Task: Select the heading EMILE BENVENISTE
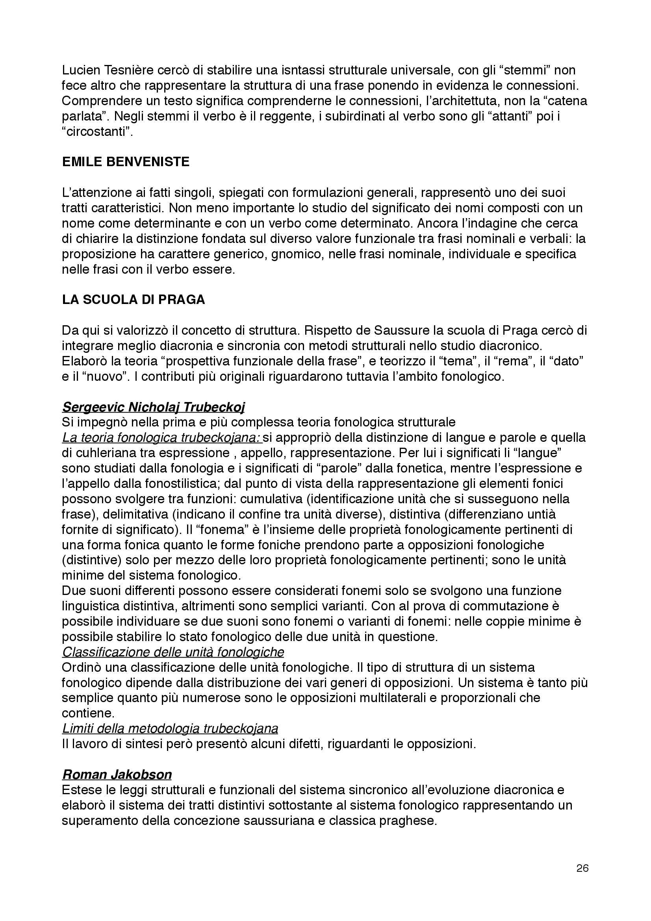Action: click(126, 162)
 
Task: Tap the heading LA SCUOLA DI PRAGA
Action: click(133, 300)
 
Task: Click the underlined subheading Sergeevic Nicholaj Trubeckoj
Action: click(153, 407)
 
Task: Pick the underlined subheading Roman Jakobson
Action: click(117, 774)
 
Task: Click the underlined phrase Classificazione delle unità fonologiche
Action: click(173, 652)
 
